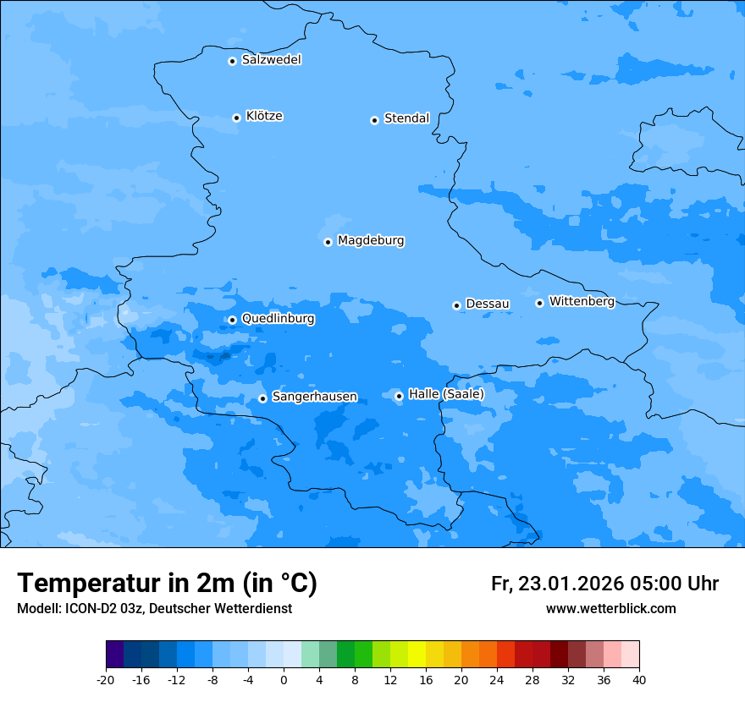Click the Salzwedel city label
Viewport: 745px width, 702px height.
(x=271, y=60)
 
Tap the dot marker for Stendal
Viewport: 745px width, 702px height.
(x=374, y=120)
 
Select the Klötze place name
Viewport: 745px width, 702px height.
(x=264, y=117)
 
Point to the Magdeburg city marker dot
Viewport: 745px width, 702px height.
(x=328, y=242)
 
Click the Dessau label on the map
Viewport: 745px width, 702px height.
(x=488, y=304)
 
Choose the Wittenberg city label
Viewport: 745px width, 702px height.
(x=582, y=302)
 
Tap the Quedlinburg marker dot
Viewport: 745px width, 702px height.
(x=232, y=320)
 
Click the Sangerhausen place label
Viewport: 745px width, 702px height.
(x=314, y=397)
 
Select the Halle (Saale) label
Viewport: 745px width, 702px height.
(x=446, y=394)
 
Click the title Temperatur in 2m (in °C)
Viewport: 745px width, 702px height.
(x=167, y=583)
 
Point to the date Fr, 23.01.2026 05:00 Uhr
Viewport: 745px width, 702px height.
(x=604, y=584)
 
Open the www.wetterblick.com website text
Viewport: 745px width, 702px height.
(x=610, y=608)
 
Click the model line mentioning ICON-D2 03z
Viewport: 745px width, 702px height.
(x=154, y=608)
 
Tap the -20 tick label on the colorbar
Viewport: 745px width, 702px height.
(x=106, y=680)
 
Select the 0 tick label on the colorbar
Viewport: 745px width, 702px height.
(x=284, y=680)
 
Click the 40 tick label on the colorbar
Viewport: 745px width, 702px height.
(x=639, y=680)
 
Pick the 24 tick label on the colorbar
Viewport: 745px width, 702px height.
(x=497, y=680)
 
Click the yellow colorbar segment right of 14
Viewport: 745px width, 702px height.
(x=417, y=655)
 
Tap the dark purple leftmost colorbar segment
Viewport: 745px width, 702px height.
(x=114, y=655)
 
